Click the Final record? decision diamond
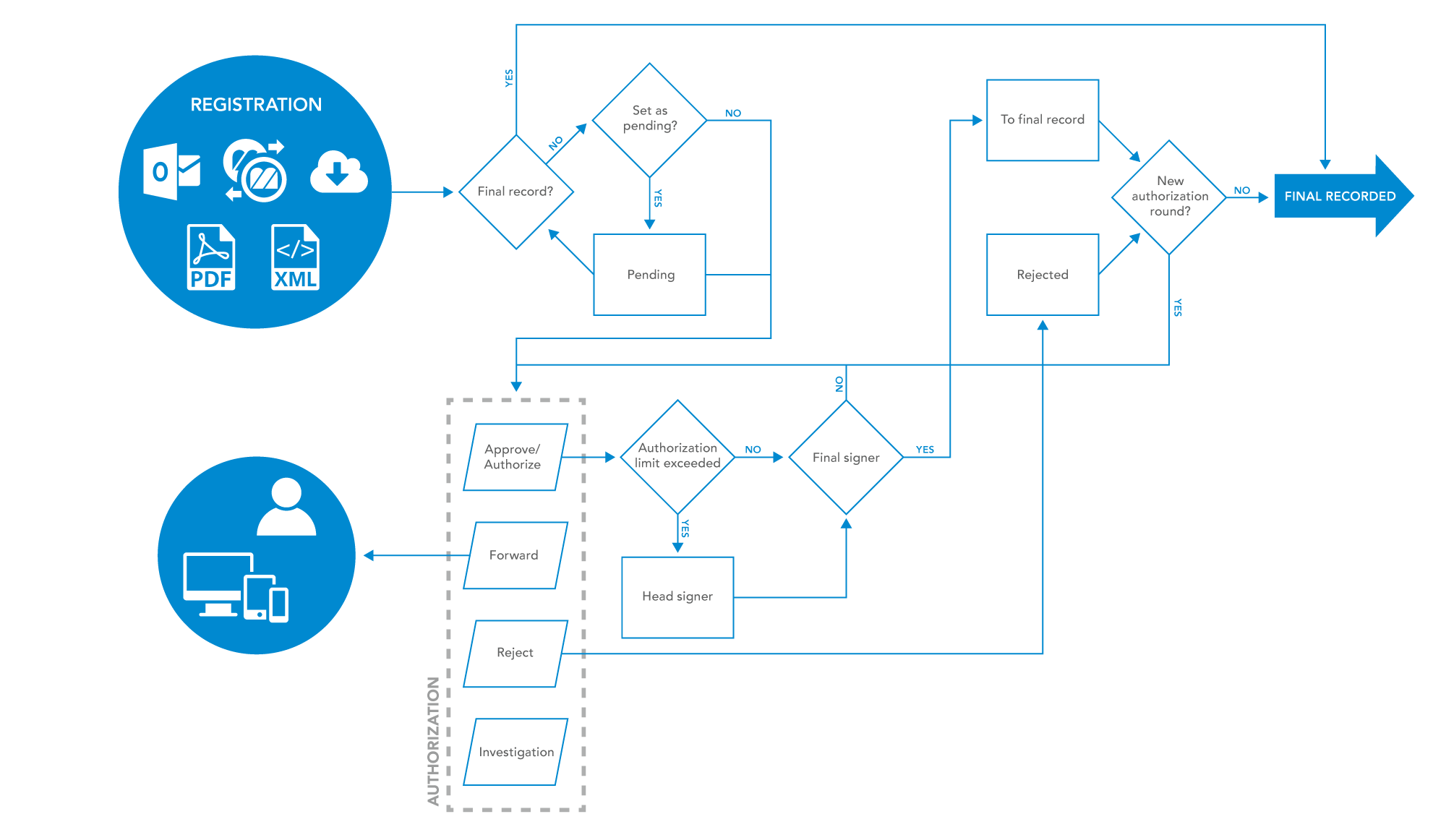tap(515, 192)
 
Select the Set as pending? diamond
tap(649, 119)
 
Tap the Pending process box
tap(649, 275)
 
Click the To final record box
tap(1042, 120)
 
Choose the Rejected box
tap(1042, 275)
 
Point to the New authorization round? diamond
tap(1169, 197)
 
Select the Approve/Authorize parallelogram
tap(515, 457)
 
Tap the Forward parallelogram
tap(515, 555)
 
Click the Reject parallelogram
tap(515, 654)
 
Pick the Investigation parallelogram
tap(515, 752)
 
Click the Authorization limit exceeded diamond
tap(677, 457)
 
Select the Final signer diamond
tap(846, 457)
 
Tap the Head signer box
tap(677, 597)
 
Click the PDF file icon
tap(211, 257)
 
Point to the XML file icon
tap(295, 257)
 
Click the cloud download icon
tap(338, 172)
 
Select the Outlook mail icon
tap(171, 172)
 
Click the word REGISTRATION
tap(256, 105)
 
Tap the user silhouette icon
tap(286, 507)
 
